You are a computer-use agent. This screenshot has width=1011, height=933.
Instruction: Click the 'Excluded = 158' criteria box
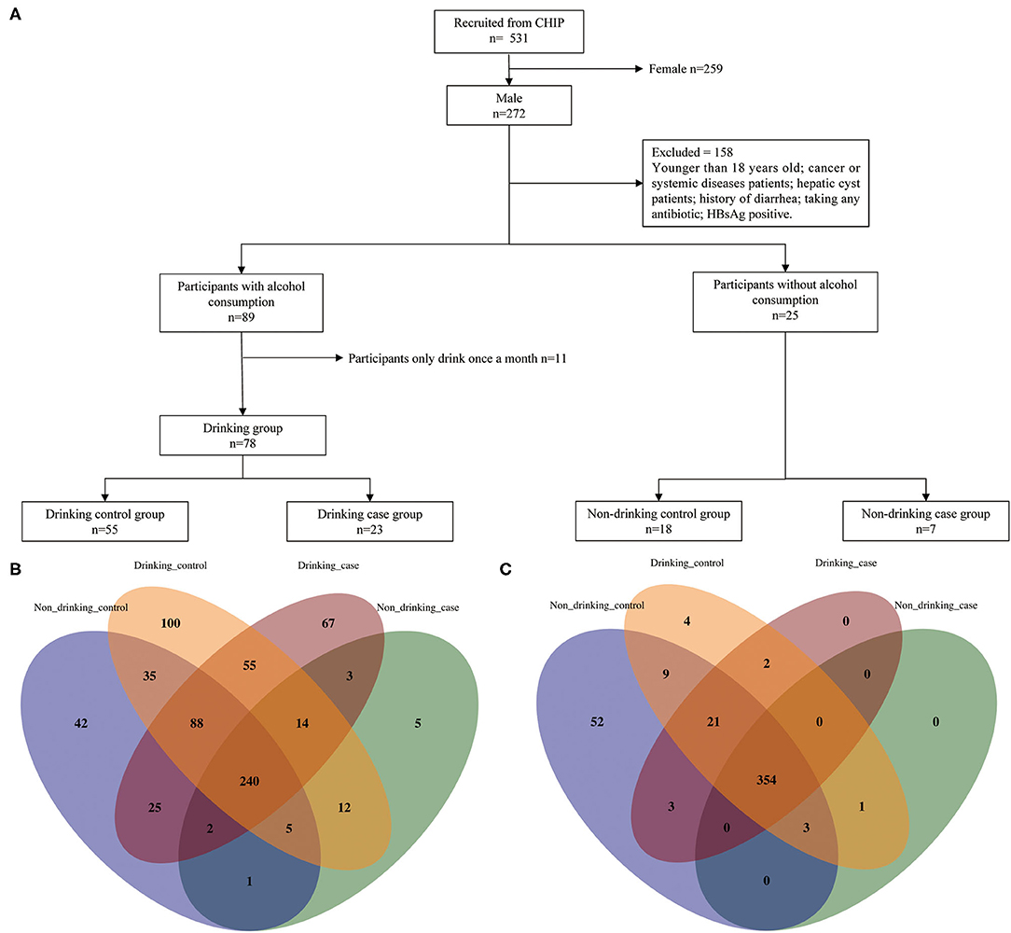point(755,184)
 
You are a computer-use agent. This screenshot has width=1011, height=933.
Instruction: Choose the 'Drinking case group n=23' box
point(369,522)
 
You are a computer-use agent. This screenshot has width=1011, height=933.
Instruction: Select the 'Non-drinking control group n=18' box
point(659,522)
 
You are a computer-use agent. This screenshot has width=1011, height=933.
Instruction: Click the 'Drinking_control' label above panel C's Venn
point(686,563)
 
